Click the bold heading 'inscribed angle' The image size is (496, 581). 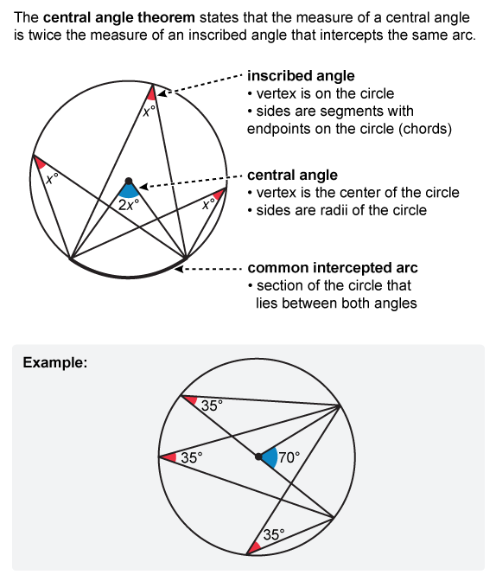pyautogui.click(x=301, y=76)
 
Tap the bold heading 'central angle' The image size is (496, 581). pyautogui.click(x=292, y=176)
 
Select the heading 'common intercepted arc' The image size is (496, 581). pyautogui.click(x=333, y=267)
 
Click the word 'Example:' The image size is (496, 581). pyautogui.click(x=55, y=362)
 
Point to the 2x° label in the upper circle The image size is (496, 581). pyautogui.click(x=129, y=205)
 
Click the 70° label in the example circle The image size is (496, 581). pyautogui.click(x=289, y=457)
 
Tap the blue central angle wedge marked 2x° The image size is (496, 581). pyautogui.click(x=129, y=191)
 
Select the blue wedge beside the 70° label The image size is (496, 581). pyautogui.click(x=270, y=457)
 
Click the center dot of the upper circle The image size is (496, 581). pyautogui.click(x=129, y=181)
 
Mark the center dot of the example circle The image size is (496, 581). pyautogui.click(x=258, y=456)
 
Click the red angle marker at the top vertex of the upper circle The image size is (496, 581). pyautogui.click(x=151, y=93)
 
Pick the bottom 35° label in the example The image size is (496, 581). pyautogui.click(x=274, y=534)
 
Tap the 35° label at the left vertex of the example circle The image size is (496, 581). pyautogui.click(x=192, y=458)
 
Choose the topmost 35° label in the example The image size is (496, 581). pyautogui.click(x=213, y=405)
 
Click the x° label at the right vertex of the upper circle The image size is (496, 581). pyautogui.click(x=208, y=203)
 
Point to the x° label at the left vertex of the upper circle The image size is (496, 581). pyautogui.click(x=52, y=179)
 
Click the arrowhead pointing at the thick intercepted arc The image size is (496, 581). pyautogui.click(x=179, y=269)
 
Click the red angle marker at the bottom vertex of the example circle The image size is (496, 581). pyautogui.click(x=255, y=547)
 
